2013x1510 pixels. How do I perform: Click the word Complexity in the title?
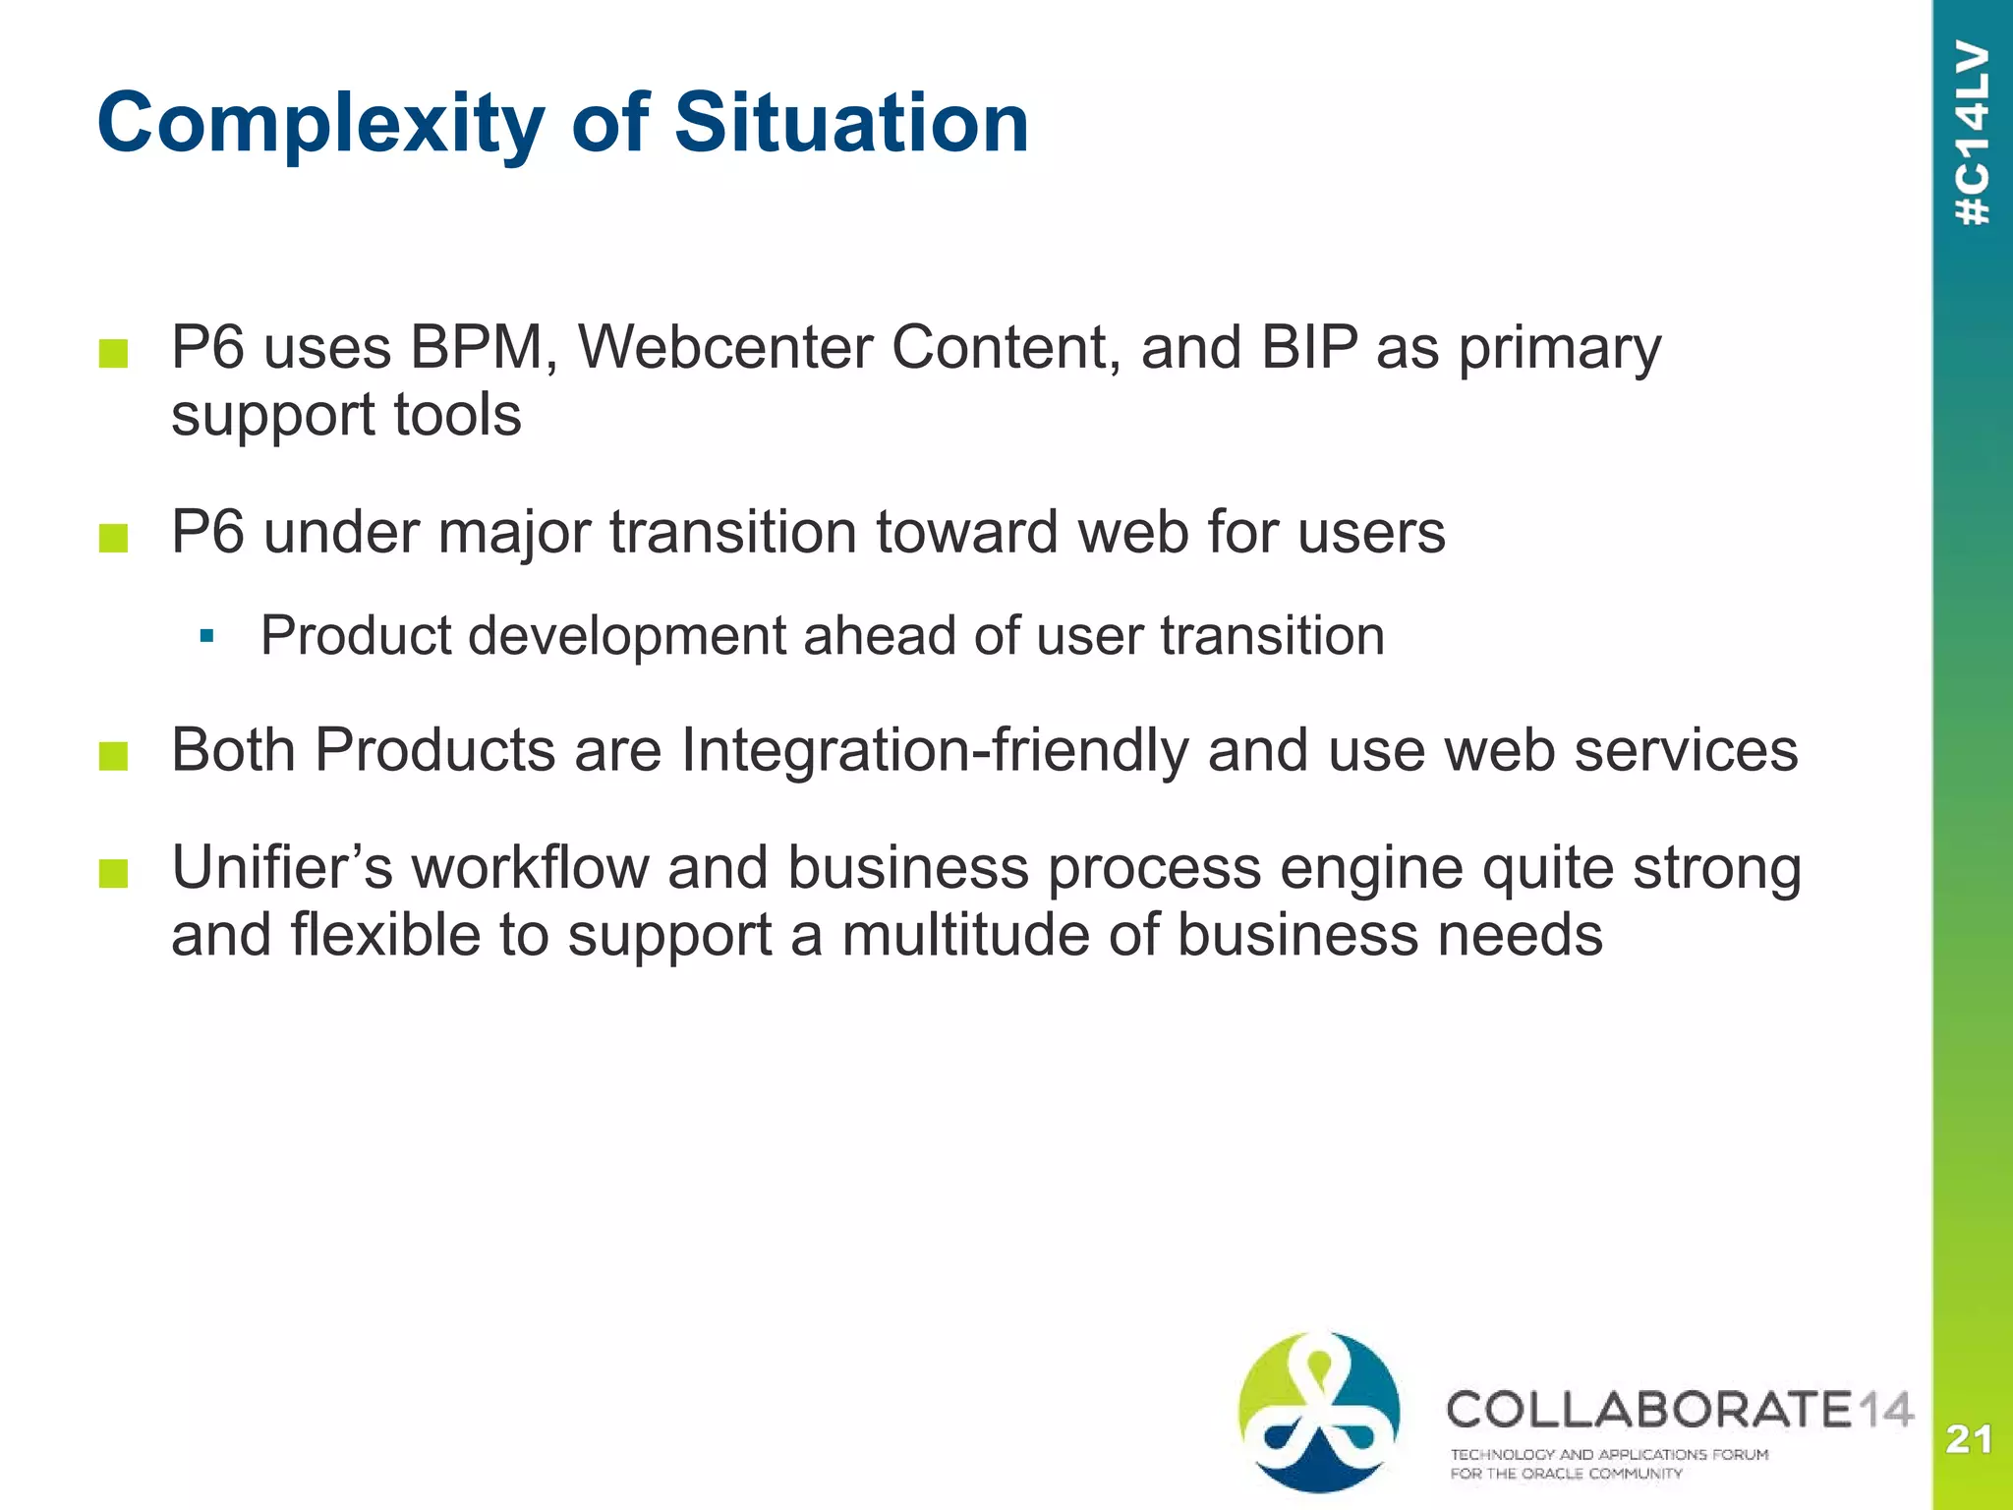320,124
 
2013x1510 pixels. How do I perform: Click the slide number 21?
1969,1439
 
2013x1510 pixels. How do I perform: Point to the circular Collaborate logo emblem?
1319,1412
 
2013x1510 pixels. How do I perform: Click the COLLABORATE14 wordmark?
1679,1410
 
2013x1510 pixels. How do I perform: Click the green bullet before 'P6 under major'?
114,538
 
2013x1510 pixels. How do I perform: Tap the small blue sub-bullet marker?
206,637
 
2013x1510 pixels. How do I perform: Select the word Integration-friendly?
934,751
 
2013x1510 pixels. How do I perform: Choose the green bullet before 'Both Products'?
114,756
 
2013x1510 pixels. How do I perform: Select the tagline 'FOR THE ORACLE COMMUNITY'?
1566,1474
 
